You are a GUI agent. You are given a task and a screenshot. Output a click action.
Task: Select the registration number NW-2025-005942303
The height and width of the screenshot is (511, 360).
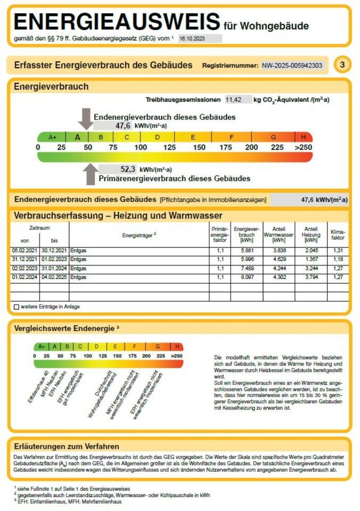(292, 65)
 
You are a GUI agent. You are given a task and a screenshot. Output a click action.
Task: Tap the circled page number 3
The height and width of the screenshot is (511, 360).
(342, 65)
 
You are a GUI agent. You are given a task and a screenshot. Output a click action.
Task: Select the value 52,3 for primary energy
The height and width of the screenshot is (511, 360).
(127, 169)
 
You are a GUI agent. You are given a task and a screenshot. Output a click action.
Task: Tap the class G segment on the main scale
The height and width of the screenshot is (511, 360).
(273, 137)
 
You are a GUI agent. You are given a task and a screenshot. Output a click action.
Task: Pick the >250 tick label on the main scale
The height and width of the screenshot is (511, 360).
(303, 147)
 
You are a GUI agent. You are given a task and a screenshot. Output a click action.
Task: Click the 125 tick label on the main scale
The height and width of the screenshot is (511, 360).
(169, 147)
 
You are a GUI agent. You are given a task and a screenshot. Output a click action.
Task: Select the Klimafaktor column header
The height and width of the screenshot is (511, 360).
(338, 235)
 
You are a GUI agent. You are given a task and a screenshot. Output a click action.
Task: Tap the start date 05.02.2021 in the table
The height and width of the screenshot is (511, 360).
(24, 250)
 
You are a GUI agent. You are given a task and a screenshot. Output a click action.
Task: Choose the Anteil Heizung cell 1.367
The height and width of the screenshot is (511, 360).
(311, 259)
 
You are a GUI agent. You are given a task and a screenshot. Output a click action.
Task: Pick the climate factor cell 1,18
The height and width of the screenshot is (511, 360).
(338, 259)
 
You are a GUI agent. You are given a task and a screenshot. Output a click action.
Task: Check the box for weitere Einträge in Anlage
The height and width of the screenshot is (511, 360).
(17, 307)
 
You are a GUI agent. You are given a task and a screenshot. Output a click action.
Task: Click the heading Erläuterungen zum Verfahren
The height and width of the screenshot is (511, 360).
(67, 446)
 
